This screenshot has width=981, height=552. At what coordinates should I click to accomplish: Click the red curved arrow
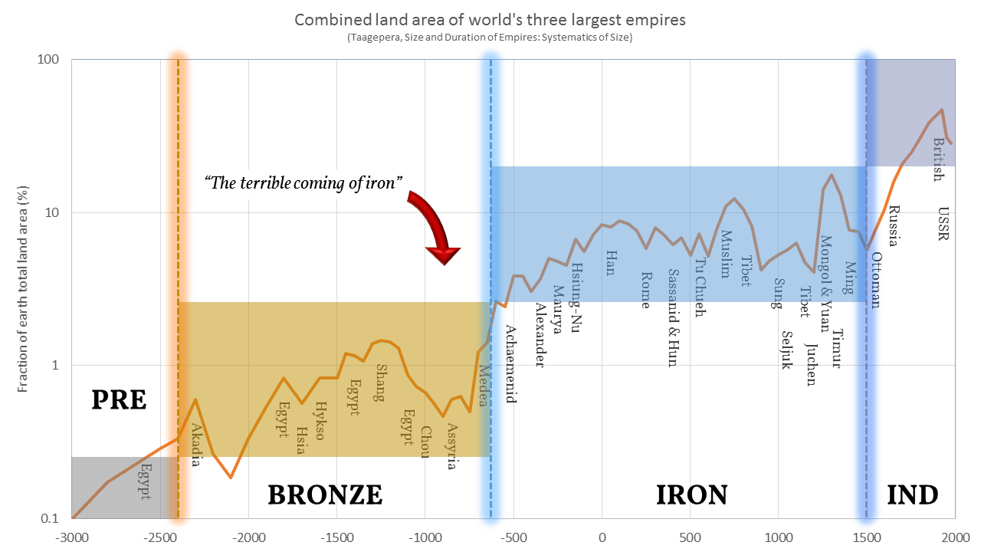pyautogui.click(x=434, y=226)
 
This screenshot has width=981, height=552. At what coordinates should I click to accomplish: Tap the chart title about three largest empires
pyautogui.click(x=490, y=19)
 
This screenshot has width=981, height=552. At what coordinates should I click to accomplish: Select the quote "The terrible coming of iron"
pyautogui.click(x=304, y=182)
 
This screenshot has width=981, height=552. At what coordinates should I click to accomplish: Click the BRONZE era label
pyautogui.click(x=325, y=495)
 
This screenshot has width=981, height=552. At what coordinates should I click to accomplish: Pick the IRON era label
pyautogui.click(x=691, y=495)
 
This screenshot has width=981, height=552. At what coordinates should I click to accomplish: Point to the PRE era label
pyautogui.click(x=119, y=399)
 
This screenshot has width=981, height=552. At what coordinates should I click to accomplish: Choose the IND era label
pyautogui.click(x=912, y=495)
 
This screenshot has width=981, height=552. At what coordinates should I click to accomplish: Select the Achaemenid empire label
pyautogui.click(x=510, y=363)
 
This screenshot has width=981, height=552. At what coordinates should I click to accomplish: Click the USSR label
pyautogui.click(x=943, y=222)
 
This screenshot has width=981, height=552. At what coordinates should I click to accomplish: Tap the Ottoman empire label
pyautogui.click(x=876, y=280)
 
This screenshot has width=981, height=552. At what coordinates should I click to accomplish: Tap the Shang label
pyautogui.click(x=379, y=382)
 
